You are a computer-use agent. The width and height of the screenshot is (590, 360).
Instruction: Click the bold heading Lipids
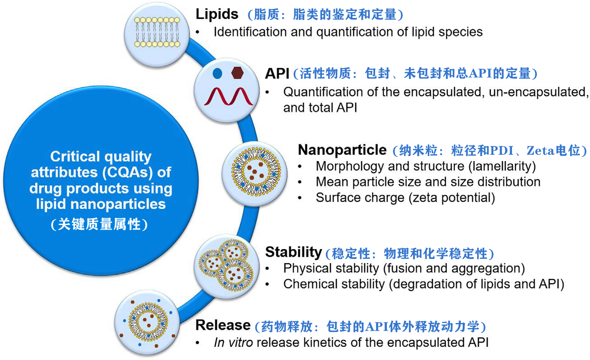pyautogui.click(x=217, y=14)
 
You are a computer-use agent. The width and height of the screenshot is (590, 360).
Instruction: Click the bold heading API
pyautogui.click(x=277, y=73)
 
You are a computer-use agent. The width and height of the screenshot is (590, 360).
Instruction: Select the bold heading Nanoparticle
pyautogui.click(x=342, y=149)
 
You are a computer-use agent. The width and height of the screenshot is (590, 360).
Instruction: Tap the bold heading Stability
pyautogui.click(x=293, y=252)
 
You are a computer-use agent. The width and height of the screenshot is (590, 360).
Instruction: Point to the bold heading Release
pyautogui.click(x=223, y=325)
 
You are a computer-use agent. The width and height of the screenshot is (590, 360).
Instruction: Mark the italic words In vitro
pyautogui.click(x=233, y=342)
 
